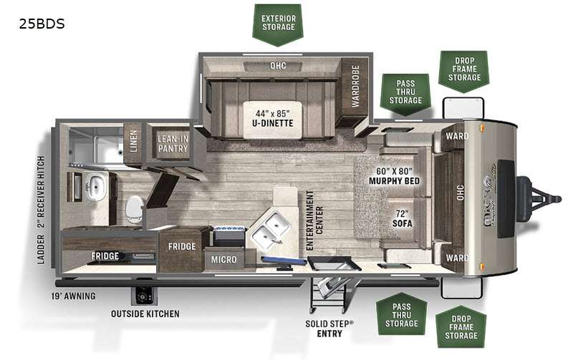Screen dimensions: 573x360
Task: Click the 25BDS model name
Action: click(x=42, y=24)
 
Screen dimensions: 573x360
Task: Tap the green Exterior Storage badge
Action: click(x=278, y=25)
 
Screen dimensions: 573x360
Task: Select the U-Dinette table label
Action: click(x=273, y=119)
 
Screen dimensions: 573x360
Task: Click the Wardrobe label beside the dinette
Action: click(x=355, y=86)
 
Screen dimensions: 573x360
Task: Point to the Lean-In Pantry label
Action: click(x=173, y=143)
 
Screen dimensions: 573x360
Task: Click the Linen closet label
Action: click(x=133, y=141)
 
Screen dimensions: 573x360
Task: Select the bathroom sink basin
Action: click(x=96, y=186)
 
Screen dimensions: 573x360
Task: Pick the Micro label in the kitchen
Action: click(x=223, y=260)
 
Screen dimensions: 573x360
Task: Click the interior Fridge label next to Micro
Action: click(x=182, y=247)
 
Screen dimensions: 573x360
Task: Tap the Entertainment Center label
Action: click(x=314, y=220)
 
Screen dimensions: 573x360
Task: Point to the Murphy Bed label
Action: click(x=395, y=176)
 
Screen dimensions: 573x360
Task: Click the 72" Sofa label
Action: click(x=402, y=218)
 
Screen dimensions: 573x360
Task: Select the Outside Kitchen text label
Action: click(x=145, y=313)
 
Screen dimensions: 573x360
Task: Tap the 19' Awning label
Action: click(x=73, y=296)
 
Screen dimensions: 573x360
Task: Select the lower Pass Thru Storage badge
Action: click(x=401, y=315)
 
